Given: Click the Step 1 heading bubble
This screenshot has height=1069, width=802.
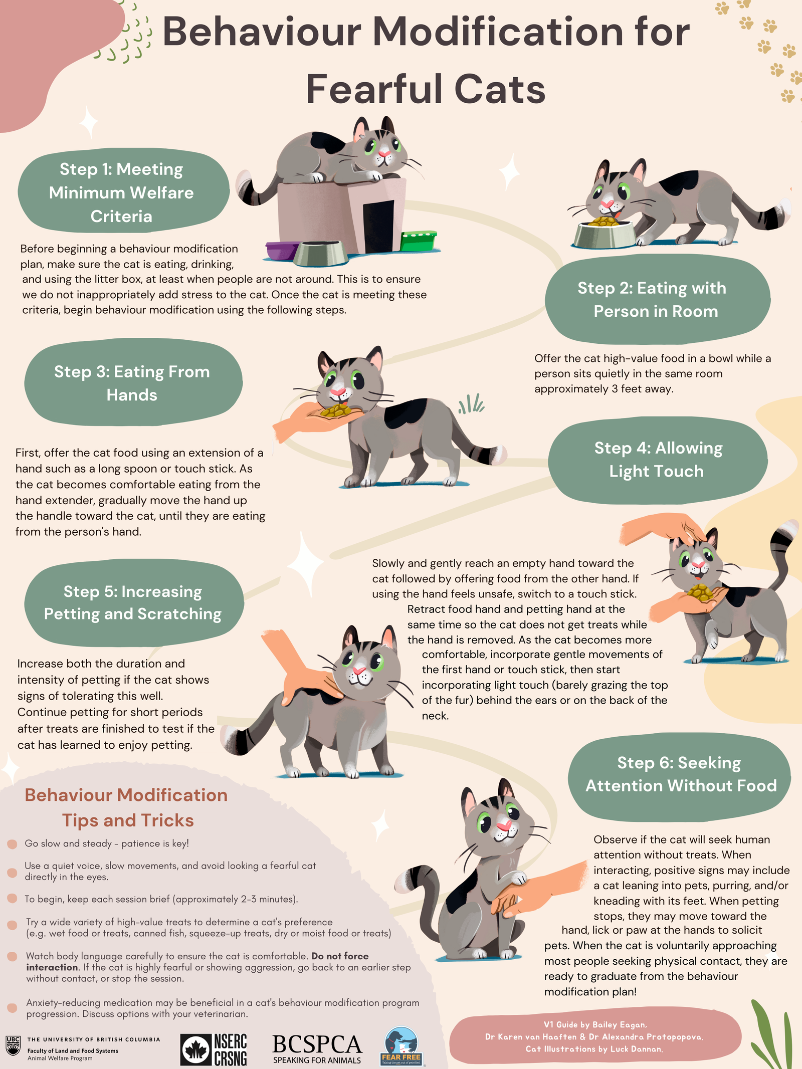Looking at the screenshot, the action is [123, 191].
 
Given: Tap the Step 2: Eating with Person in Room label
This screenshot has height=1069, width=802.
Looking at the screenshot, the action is [657, 299].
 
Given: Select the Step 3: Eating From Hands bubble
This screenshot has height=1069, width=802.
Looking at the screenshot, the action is [133, 383].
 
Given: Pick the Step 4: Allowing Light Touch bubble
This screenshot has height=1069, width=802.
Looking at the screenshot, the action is [658, 460].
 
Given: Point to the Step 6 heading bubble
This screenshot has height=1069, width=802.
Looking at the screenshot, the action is [679, 775].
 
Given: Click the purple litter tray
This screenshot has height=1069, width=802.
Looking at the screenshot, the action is [282, 251].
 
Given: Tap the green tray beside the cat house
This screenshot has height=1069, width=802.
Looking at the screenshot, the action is [419, 241].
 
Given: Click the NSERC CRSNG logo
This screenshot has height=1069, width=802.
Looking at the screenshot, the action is [214, 1049].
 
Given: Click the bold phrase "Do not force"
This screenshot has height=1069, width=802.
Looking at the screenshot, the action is [340, 956].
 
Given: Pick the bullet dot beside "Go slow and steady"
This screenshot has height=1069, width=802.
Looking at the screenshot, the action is [13, 844].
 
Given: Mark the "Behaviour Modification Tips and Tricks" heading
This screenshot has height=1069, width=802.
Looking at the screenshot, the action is [127, 807].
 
